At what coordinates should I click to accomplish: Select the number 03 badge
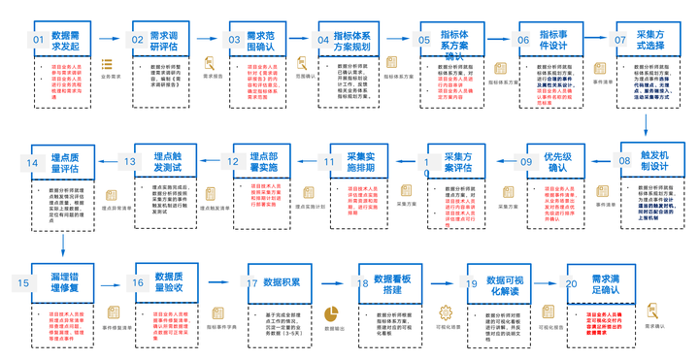[x=234, y=40]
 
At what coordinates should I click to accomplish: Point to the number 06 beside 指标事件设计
[x=524, y=40]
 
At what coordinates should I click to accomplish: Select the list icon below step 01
[x=107, y=65]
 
